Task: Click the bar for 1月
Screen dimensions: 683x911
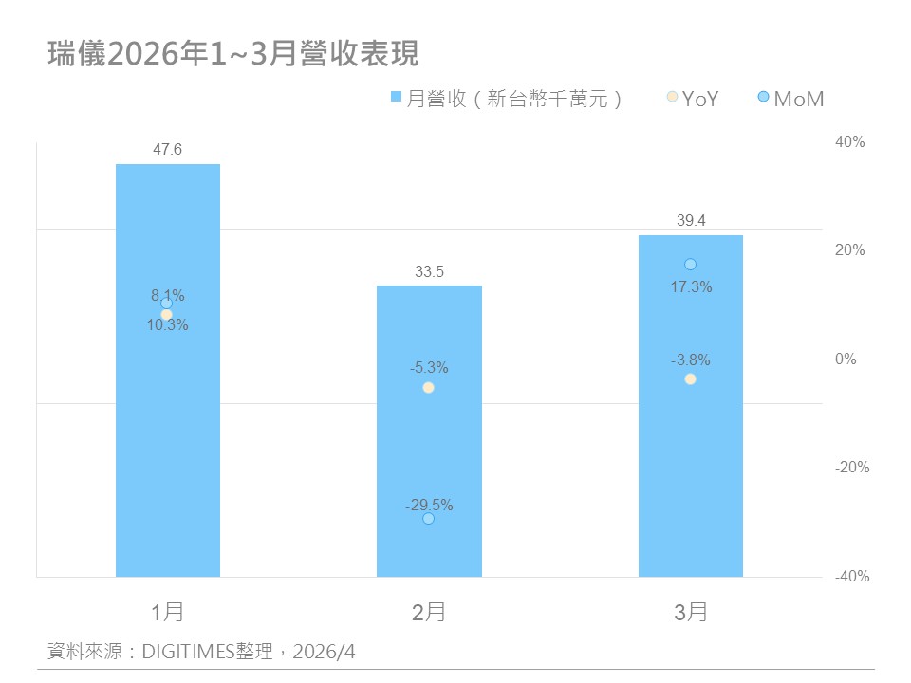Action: (x=168, y=427)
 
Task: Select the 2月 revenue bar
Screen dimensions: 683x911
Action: (x=429, y=446)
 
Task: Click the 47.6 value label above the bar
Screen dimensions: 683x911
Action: (x=168, y=149)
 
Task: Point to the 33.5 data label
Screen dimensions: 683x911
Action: (x=429, y=271)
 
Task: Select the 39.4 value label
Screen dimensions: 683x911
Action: (x=690, y=220)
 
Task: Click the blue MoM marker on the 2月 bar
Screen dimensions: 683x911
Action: (x=429, y=519)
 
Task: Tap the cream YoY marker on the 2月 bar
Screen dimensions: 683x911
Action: (x=429, y=388)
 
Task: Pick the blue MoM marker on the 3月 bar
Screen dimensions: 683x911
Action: (x=691, y=264)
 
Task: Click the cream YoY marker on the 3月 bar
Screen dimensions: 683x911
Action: (x=691, y=379)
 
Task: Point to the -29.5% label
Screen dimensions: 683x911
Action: (x=429, y=505)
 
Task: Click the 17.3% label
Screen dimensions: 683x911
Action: (x=691, y=286)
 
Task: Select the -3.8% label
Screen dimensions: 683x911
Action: (x=690, y=360)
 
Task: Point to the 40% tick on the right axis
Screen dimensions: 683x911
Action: (x=850, y=141)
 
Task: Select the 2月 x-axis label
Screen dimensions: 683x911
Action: (x=429, y=612)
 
